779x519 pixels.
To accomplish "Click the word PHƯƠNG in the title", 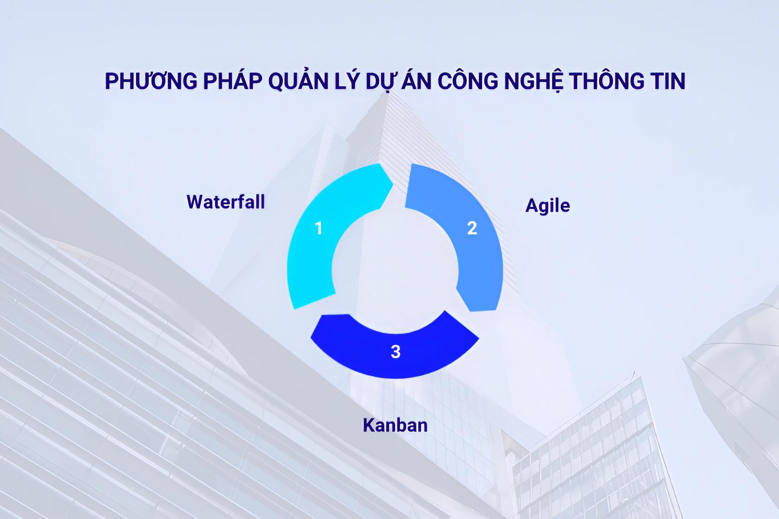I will (151, 81).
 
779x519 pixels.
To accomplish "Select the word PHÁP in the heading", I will (232, 81).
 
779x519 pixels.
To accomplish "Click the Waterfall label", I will (225, 202).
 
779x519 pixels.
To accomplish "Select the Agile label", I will (547, 206).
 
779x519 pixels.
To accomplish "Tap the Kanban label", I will (395, 426).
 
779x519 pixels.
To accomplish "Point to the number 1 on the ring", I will (319, 228).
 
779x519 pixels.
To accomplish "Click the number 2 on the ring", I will (472, 228).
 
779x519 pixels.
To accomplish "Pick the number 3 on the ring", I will (396, 352).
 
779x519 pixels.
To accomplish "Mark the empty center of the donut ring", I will (395, 270).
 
